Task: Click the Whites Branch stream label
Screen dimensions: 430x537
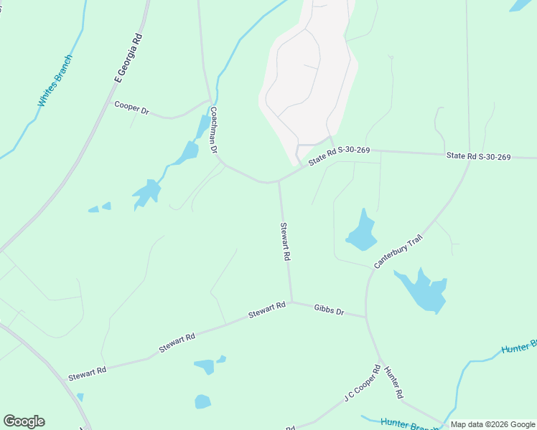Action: coord(55,80)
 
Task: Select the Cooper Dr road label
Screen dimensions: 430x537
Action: coord(131,108)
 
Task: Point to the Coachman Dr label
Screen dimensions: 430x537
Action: coord(214,131)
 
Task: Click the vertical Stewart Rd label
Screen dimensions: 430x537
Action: coord(285,242)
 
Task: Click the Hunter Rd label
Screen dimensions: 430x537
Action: coord(393,383)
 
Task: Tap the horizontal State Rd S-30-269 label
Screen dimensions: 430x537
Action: coord(478,156)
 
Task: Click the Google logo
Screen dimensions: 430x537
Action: coord(24,421)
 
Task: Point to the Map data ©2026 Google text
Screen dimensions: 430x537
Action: coord(493,424)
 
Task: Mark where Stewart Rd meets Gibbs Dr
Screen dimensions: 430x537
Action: coord(291,302)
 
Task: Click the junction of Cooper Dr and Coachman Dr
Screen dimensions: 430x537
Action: coord(210,100)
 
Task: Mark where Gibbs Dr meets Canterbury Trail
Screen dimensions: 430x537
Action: coord(366,317)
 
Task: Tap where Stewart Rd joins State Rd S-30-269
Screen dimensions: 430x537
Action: coord(279,182)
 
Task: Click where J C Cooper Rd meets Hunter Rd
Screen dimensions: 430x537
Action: coord(380,360)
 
